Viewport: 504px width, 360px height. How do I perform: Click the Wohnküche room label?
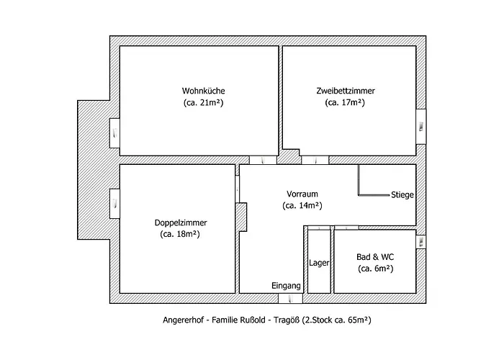click(204, 91)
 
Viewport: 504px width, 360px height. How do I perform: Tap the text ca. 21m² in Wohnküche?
click(204, 103)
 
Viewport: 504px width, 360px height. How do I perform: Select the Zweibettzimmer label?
click(345, 91)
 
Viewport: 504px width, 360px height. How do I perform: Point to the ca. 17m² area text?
click(345, 103)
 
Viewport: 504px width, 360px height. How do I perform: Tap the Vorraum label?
click(302, 194)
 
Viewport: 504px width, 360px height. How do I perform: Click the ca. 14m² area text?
click(302, 205)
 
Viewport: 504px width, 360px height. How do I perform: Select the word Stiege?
click(402, 194)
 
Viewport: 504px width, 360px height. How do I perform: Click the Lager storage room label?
click(319, 263)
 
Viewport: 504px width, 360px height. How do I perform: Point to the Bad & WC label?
click(375, 257)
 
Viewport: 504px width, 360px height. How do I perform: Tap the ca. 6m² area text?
click(375, 269)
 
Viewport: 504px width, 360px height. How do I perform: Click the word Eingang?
click(286, 286)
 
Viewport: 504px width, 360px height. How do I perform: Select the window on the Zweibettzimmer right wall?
click(421, 127)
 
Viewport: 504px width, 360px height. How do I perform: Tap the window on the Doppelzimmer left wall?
click(115, 203)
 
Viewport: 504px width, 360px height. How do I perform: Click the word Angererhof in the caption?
click(183, 320)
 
